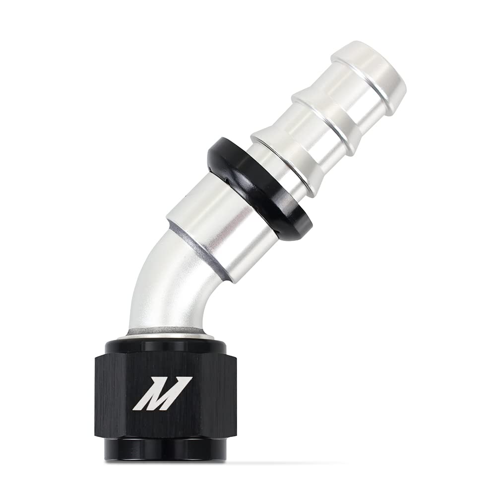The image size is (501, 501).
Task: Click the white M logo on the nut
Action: [162, 393]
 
